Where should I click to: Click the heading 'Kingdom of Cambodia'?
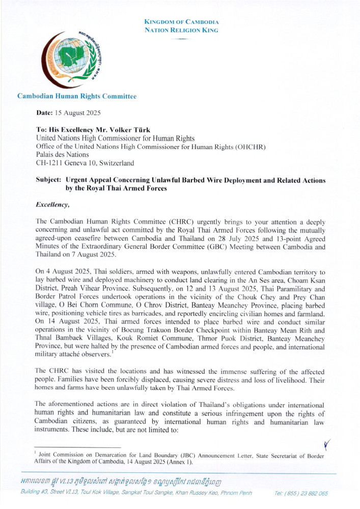pyautogui.click(x=181, y=22)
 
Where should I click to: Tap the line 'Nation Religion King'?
pyautogui.click(x=181, y=31)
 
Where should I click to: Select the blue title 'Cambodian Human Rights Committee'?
pyautogui.click(x=76, y=96)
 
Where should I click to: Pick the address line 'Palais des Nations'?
pyautogui.click(x=62, y=155)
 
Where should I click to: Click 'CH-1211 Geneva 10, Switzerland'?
pyautogui.click(x=85, y=163)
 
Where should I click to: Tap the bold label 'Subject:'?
pyautogui.click(x=48, y=181)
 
